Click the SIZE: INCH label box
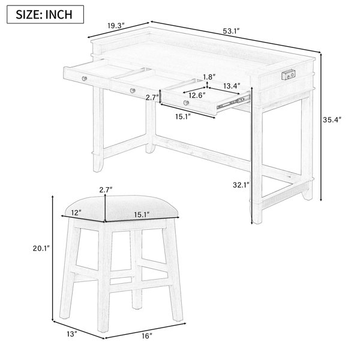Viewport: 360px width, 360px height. pyautogui.click(x=45, y=14)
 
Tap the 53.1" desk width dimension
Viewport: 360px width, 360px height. pyautogui.click(x=231, y=31)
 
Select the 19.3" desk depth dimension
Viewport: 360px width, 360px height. pyautogui.click(x=116, y=25)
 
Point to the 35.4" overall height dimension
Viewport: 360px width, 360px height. pyautogui.click(x=332, y=119)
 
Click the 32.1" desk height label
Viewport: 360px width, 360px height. pyautogui.click(x=241, y=185)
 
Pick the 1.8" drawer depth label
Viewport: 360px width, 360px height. pyautogui.click(x=209, y=77)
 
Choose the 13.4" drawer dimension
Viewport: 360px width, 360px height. pyautogui.click(x=232, y=86)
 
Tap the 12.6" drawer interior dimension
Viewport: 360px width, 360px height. pyautogui.click(x=197, y=95)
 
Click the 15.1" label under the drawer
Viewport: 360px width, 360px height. pyautogui.click(x=183, y=117)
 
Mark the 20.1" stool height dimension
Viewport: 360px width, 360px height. pyautogui.click(x=41, y=248)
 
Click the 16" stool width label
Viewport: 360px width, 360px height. pyautogui.click(x=147, y=336)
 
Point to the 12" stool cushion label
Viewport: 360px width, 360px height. pyautogui.click(x=76, y=212)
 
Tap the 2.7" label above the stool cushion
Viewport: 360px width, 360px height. pyautogui.click(x=106, y=190)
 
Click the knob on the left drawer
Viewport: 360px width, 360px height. pyautogui.click(x=84, y=79)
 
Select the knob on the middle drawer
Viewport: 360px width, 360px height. pyautogui.click(x=133, y=91)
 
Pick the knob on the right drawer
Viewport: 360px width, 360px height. pyautogui.click(x=186, y=103)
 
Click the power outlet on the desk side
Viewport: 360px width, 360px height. pyautogui.click(x=289, y=75)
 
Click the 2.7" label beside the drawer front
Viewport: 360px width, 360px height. pyautogui.click(x=152, y=98)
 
